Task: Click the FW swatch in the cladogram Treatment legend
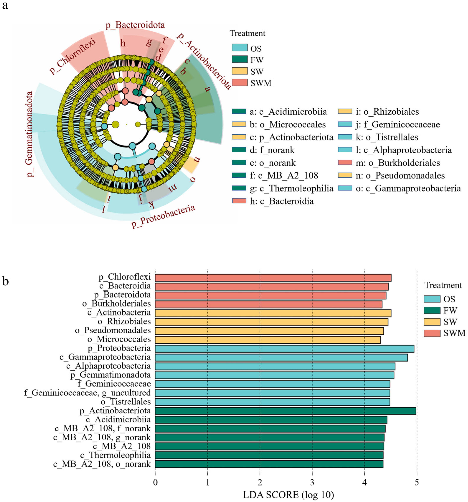click(x=240, y=60)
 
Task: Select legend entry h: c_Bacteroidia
click(x=273, y=201)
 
